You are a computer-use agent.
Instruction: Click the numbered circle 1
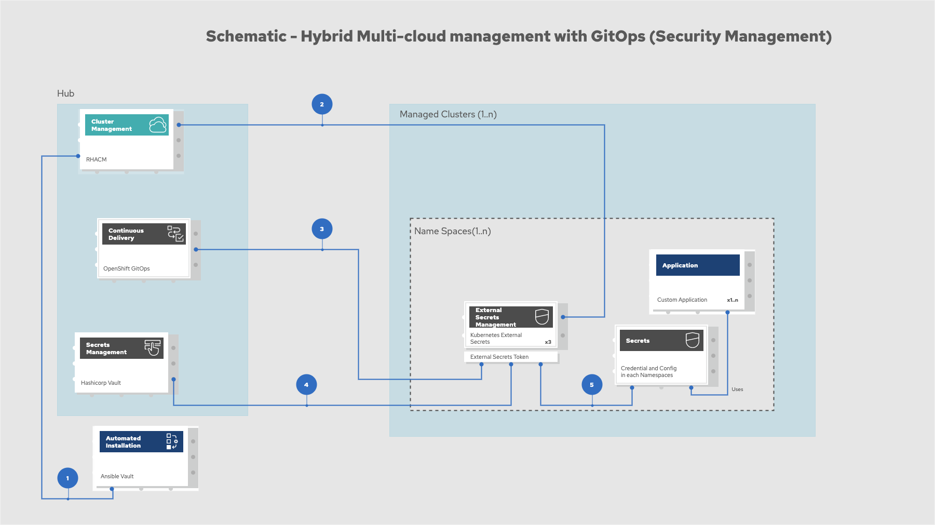point(67,478)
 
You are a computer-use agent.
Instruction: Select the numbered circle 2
point(322,104)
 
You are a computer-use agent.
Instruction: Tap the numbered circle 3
point(322,229)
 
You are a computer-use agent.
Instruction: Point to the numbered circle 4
point(306,385)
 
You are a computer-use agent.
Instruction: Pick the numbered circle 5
point(592,385)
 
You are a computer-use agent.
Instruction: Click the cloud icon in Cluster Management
point(158,125)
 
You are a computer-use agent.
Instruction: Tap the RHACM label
point(97,159)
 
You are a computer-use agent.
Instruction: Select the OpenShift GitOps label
point(127,268)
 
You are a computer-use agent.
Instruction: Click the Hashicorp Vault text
point(101,383)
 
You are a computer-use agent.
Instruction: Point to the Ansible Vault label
point(117,476)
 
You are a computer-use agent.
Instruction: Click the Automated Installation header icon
point(172,441)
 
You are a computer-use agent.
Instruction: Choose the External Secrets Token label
point(499,357)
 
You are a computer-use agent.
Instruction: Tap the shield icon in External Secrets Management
point(542,317)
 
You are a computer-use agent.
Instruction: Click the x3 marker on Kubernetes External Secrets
point(548,342)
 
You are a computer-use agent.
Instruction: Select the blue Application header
point(698,265)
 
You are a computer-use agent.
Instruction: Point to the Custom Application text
point(682,300)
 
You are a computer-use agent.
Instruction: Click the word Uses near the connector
point(737,389)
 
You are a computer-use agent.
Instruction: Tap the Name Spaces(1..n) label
point(453,231)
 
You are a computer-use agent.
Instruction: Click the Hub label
point(66,93)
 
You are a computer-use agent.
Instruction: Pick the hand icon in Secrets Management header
point(153,348)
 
